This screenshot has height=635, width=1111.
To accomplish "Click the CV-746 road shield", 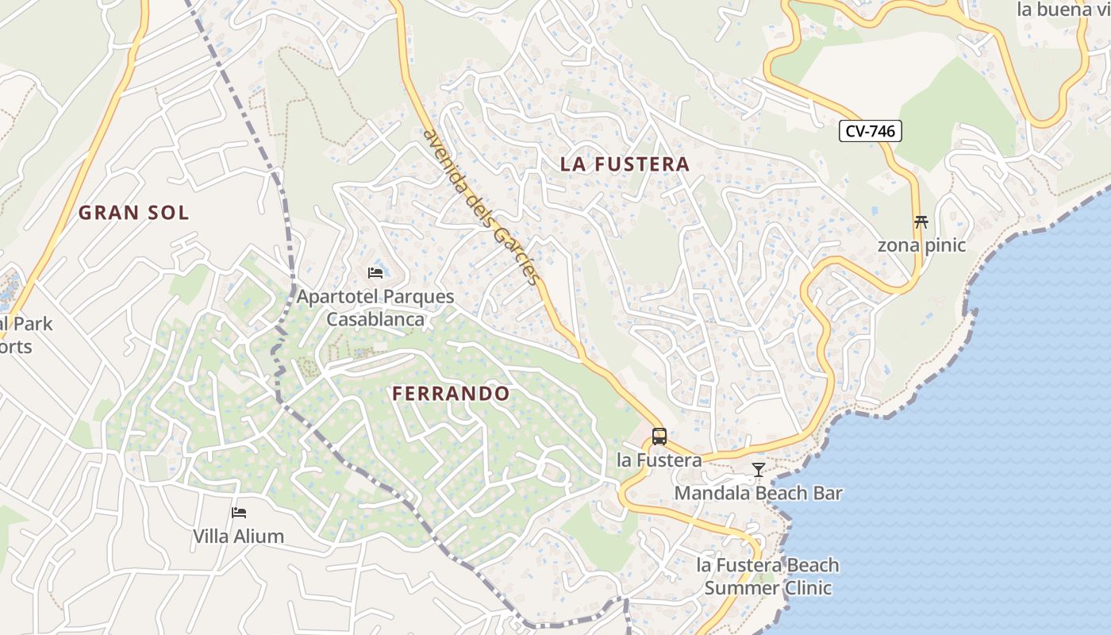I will point(871,131).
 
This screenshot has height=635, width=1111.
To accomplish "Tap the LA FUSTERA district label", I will point(625,164).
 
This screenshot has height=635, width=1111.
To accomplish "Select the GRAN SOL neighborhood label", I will point(133,213).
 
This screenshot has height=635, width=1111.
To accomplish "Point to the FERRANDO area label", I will point(451,394).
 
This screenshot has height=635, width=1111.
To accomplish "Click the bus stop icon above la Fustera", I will point(659,437).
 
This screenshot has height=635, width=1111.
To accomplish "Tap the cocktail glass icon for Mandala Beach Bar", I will point(759,470).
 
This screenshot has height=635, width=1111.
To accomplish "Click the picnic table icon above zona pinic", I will point(921,222).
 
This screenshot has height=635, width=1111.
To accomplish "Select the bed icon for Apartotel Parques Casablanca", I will point(375,273).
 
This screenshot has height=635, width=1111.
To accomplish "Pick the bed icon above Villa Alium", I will point(238,513).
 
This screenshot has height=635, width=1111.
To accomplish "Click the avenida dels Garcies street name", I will point(482,208).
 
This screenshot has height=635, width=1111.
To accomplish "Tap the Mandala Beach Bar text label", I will point(758,493).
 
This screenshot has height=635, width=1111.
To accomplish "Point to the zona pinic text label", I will point(921,245).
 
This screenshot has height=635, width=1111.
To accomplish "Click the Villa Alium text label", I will point(238,537).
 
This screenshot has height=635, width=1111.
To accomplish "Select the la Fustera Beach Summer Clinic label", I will point(767,577).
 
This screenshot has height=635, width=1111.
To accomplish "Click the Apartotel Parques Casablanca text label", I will point(375,308).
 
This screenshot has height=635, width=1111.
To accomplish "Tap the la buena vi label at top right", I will point(1063,10).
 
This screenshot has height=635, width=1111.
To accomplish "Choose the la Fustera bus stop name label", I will point(659,460).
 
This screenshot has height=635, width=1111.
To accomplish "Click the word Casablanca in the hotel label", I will point(375,320).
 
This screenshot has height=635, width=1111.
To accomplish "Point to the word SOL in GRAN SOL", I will point(168,213).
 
